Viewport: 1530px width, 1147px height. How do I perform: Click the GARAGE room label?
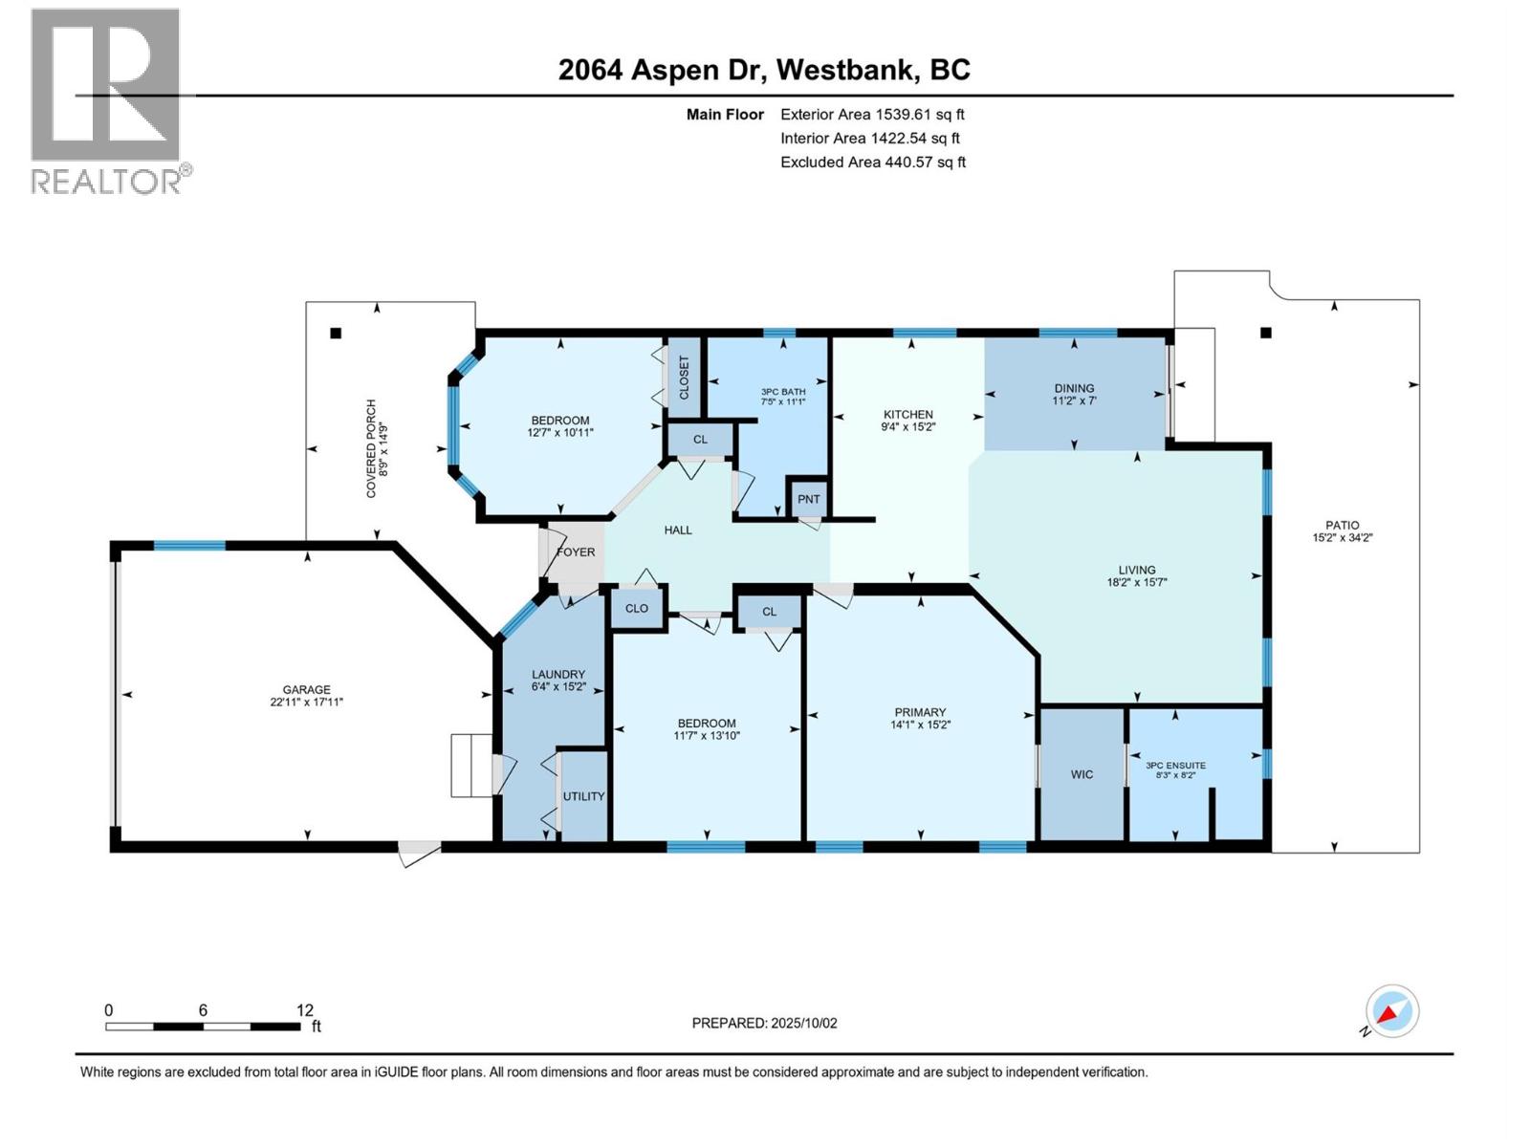[x=306, y=689]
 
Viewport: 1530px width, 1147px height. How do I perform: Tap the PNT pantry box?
[x=808, y=499]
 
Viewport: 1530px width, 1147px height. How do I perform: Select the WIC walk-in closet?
[x=1082, y=774]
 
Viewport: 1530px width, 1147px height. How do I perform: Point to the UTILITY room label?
[x=583, y=796]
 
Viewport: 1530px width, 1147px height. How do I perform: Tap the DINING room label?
[x=1074, y=388]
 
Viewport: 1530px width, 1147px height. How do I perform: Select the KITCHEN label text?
[x=907, y=414]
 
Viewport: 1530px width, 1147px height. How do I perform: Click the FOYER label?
[x=576, y=552]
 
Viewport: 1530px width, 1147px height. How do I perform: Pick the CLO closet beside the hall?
[x=637, y=608]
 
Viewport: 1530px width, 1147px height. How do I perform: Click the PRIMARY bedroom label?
[x=920, y=712]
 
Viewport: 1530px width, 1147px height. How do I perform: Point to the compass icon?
[x=1391, y=1011]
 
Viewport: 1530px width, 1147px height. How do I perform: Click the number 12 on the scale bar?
[x=304, y=1010]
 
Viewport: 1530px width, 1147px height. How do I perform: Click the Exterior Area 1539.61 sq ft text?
[x=872, y=114]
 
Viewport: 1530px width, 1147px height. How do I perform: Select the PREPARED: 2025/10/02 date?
[x=764, y=1023]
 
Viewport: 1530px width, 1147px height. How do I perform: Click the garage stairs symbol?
[x=470, y=765]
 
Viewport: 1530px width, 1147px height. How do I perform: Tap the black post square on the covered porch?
[x=336, y=334]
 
